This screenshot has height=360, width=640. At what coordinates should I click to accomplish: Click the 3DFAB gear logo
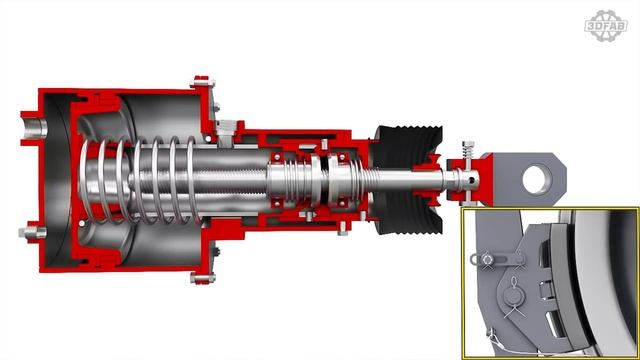606,26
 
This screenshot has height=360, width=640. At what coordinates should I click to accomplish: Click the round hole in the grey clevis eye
537,179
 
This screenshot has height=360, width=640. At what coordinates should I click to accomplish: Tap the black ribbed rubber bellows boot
408,180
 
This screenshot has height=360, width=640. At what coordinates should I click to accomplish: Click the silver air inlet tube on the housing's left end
34,128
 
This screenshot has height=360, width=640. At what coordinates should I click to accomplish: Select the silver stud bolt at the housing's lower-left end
32,233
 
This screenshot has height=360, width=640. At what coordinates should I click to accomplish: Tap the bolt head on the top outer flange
202,82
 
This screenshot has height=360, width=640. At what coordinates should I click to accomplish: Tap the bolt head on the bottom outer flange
202,279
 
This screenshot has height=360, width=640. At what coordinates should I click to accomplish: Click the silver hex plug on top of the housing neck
225,129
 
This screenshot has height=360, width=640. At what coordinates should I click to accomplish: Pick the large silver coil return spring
140,181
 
